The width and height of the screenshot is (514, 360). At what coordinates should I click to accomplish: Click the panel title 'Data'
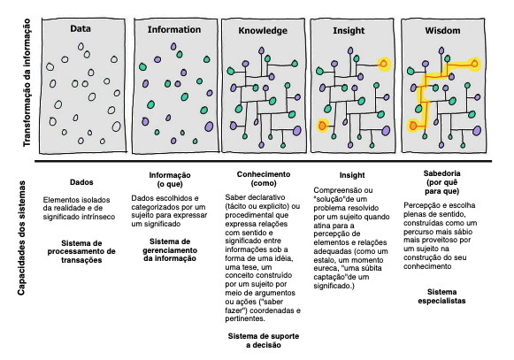tap(81, 28)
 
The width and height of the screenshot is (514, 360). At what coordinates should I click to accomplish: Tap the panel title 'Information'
tap(174, 29)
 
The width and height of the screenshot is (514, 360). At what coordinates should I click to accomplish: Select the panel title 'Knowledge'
tap(263, 30)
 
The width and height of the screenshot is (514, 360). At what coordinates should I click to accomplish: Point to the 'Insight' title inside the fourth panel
tap(349, 30)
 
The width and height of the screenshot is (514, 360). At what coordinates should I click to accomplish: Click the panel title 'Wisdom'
tap(442, 30)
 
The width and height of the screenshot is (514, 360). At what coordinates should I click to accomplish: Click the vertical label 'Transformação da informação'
tap(27, 82)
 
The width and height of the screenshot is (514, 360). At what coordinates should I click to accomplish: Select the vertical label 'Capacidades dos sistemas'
tap(21, 238)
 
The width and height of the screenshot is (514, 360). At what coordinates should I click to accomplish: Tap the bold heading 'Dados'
tap(81, 182)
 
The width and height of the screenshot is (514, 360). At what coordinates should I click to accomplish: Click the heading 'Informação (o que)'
tap(170, 180)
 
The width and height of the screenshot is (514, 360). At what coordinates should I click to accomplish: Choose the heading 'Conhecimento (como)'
tap(264, 179)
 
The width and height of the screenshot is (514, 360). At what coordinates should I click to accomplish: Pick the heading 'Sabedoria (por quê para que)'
tap(441, 182)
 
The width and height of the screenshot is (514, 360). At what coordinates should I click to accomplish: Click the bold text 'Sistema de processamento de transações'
tap(81, 251)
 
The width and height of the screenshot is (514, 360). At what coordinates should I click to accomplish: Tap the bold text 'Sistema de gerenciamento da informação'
tap(170, 249)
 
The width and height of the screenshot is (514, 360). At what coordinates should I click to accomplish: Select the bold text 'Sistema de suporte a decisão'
tap(264, 341)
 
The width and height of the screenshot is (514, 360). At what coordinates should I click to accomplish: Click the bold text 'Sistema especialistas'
tap(441, 296)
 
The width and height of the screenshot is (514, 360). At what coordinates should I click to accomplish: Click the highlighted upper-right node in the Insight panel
tap(384, 64)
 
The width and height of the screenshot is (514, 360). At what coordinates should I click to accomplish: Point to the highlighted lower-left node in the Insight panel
tap(323, 126)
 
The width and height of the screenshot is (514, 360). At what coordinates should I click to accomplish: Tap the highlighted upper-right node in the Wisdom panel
tap(474, 64)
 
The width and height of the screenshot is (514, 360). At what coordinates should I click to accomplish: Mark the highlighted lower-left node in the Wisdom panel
tap(413, 126)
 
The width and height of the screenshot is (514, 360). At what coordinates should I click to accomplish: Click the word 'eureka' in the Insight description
tap(324, 269)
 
